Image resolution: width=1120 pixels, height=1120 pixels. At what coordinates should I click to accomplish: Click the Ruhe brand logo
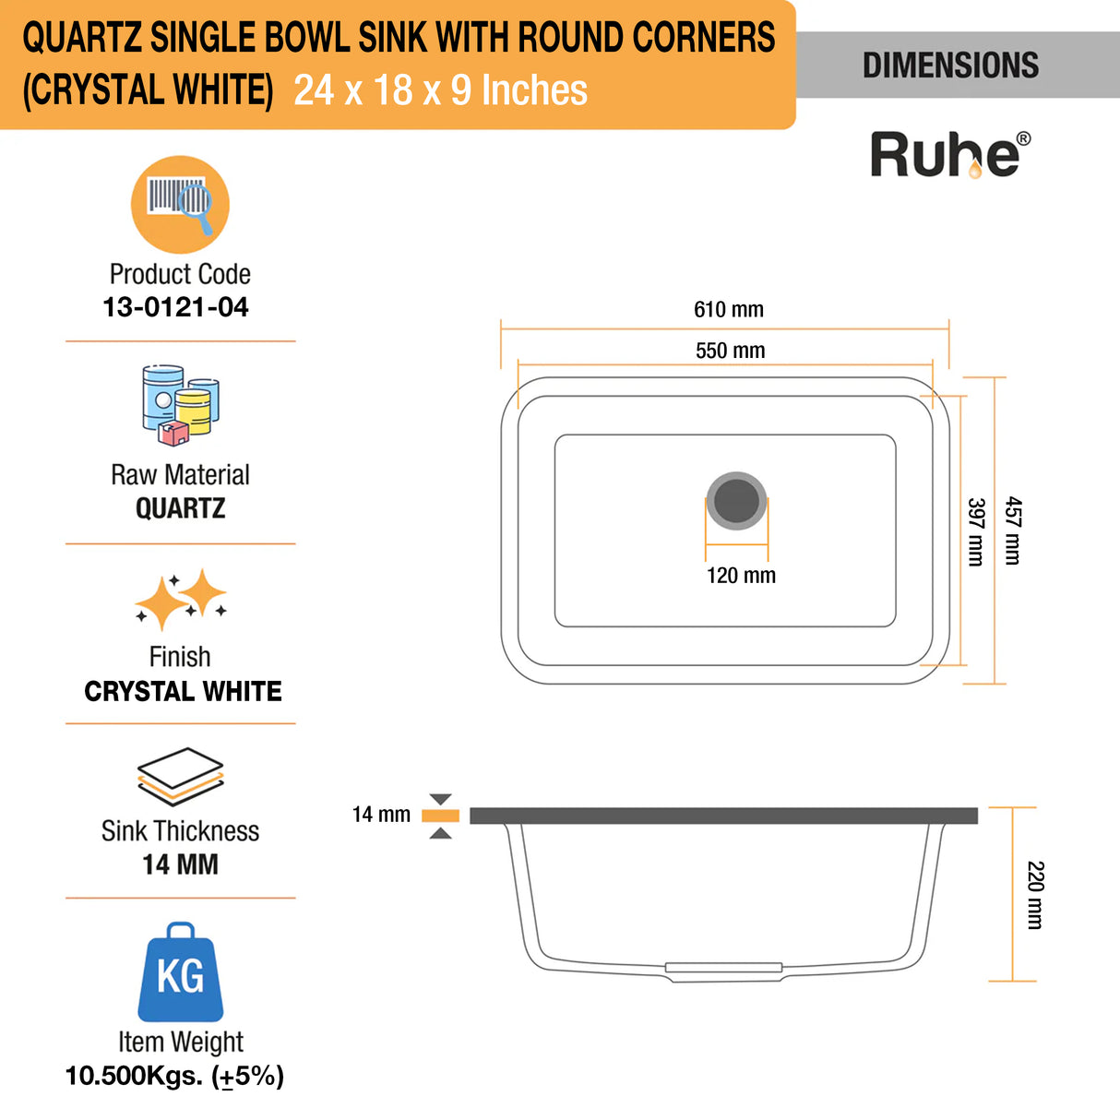949,154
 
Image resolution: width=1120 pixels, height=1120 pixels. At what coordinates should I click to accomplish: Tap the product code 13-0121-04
175,307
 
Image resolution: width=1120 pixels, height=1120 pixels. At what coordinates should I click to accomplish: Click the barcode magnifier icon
180,204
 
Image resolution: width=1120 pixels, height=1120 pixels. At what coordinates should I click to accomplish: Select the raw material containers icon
181,405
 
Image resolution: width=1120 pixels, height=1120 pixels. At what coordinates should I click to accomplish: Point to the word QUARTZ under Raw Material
180,508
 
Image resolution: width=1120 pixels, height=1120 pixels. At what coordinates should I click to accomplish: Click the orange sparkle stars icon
181,599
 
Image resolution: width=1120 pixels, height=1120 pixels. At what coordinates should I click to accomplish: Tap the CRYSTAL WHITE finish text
183,691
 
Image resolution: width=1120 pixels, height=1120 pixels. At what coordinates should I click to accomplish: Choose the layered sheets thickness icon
181,776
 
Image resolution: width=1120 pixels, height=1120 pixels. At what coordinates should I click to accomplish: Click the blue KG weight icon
180,972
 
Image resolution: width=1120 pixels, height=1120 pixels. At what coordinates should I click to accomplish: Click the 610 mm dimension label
729,310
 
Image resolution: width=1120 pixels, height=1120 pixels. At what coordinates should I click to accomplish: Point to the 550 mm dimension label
730,351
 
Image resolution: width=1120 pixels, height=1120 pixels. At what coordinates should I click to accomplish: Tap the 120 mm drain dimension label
741,576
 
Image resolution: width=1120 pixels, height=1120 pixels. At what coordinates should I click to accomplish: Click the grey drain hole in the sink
736,500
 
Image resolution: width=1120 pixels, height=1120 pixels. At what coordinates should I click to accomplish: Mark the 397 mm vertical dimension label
976,531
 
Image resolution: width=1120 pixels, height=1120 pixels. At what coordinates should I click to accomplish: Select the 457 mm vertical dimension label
1013,530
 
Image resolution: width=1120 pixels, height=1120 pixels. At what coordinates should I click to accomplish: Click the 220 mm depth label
1035,895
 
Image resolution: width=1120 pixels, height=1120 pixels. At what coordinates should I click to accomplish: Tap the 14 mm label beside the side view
381,815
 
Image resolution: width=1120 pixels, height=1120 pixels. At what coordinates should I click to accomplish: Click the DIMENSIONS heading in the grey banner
950,65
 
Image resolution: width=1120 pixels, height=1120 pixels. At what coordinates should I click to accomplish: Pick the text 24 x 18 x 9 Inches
440,90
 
